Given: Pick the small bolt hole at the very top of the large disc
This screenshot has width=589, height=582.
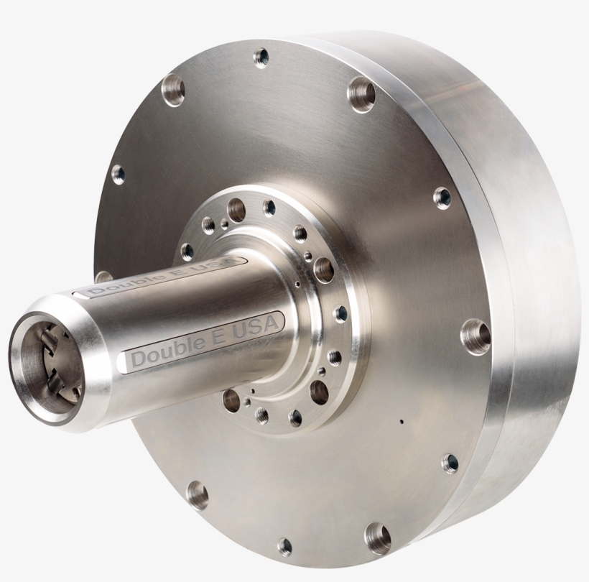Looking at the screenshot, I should pos(261,55).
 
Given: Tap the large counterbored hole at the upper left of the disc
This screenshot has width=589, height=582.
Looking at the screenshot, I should pos(173,90).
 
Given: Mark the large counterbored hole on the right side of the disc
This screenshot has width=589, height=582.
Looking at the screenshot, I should pos(475,335).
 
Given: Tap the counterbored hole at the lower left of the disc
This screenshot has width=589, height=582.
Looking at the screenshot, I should pos(198,494).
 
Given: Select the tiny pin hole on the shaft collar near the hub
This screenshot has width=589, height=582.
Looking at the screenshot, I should pos(297,284).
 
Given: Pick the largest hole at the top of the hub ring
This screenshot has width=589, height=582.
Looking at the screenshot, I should pos(236,208).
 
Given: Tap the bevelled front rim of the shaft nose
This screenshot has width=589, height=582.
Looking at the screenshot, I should pos(86,374).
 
